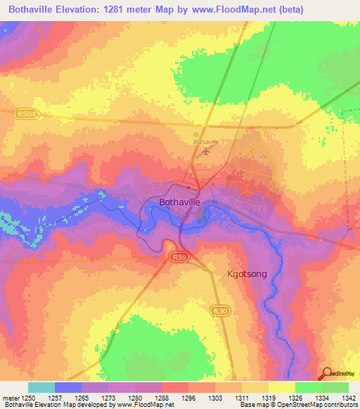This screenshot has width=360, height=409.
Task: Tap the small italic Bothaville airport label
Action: [x=206, y=141]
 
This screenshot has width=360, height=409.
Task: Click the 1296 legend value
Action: [x=188, y=399]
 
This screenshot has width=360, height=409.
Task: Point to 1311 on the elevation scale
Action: [x=242, y=399]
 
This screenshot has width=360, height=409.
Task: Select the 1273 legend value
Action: [x=108, y=399]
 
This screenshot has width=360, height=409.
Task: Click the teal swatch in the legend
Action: [x=41, y=388]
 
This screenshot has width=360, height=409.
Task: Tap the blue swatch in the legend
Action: [x=68, y=388]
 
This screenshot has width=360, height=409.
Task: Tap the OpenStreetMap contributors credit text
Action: [x=313, y=405]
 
